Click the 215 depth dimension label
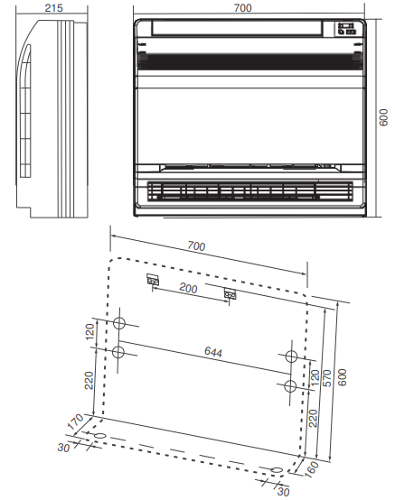point(53,7)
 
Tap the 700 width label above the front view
point(242,7)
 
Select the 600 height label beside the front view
point(383,117)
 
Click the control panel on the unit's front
point(346,28)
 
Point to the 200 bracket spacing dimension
point(188,288)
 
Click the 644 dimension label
point(213,352)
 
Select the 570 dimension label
point(327,378)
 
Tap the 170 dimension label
point(75,421)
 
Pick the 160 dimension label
point(311,469)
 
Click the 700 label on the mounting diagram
point(196,245)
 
